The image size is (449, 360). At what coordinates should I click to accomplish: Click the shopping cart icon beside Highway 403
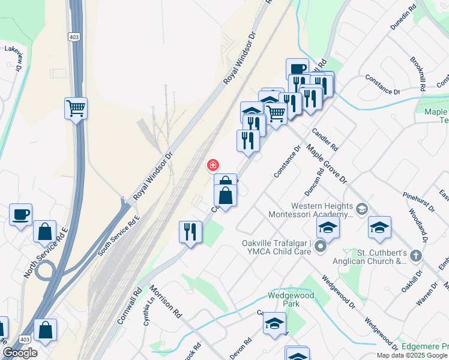pyautogui.click(x=76, y=109)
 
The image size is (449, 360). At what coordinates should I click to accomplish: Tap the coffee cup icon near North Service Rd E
pyautogui.click(x=21, y=215)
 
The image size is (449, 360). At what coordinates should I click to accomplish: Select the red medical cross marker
pyautogui.click(x=212, y=165)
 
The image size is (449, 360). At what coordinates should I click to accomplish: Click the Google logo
pyautogui.click(x=20, y=353)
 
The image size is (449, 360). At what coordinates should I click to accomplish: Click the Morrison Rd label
pyautogui.click(x=166, y=301)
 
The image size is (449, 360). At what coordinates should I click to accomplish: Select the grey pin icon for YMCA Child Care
pyautogui.click(x=320, y=247)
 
